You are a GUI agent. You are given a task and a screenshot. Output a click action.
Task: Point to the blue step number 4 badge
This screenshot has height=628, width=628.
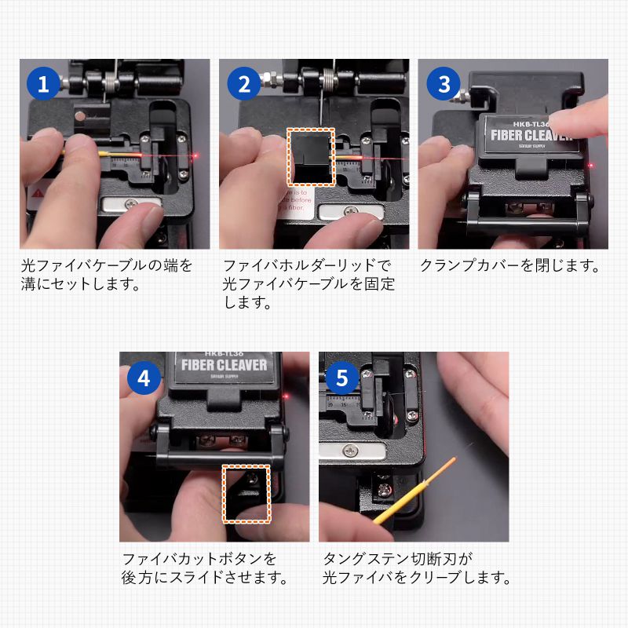point(144,378)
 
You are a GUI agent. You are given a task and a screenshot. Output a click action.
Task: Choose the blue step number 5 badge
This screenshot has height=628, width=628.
point(342,378)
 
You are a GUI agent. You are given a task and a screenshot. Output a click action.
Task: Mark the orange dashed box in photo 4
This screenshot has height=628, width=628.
point(246,493)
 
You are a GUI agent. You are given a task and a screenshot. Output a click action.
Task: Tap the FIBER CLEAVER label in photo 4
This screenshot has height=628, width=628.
point(224,365)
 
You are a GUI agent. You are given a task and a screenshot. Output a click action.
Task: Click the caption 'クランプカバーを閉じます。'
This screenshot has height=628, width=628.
point(509,265)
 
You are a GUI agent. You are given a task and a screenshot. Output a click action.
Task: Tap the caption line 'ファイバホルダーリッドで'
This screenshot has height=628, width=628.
point(307,265)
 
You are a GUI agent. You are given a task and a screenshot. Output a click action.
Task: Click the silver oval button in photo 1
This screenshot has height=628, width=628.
point(133,206)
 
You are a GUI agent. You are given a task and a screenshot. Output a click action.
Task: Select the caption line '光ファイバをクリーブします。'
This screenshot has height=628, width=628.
point(417,579)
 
